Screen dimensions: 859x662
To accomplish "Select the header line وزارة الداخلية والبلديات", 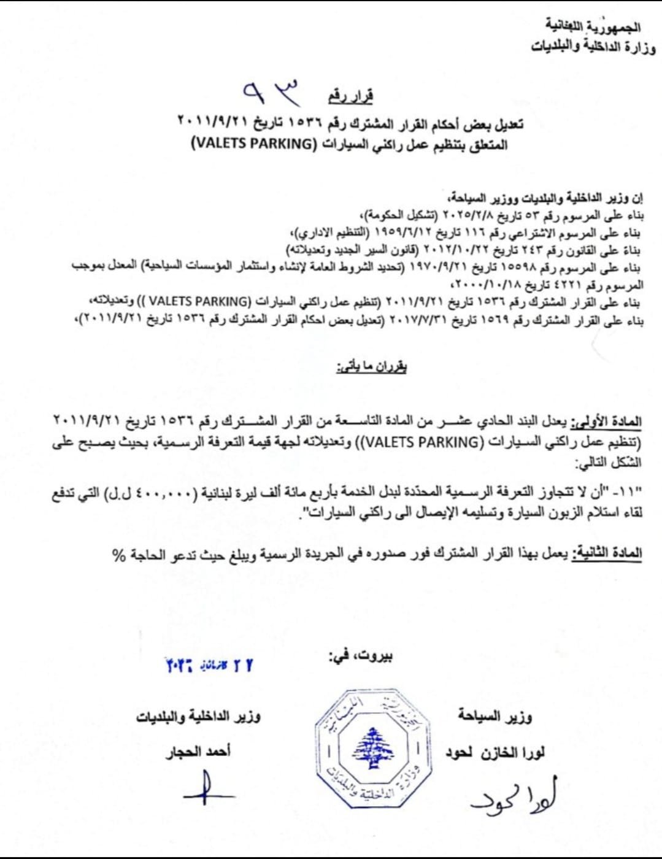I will [593, 47].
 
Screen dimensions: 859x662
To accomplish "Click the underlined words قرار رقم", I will [350, 96].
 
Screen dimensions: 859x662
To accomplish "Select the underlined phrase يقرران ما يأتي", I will [371, 367].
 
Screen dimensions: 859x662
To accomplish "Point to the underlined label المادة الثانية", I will [607, 553].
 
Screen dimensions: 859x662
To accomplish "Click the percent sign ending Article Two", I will [118, 556].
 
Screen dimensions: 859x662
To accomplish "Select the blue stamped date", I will [209, 665].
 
